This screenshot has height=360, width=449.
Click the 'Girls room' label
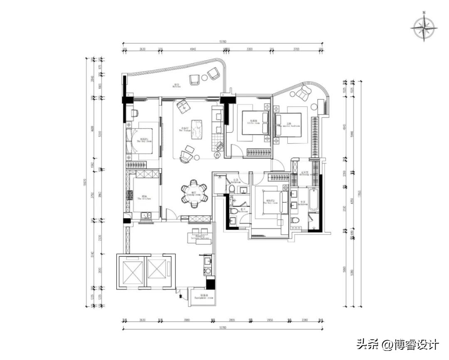(x=253, y=123)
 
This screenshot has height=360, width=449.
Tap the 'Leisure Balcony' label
(x=199, y=238)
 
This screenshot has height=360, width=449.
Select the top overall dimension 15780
(x=223, y=41)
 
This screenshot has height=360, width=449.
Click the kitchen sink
(x=146, y=215)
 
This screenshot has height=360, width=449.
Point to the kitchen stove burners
(x=130, y=194)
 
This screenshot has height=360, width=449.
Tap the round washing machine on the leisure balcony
(x=207, y=271)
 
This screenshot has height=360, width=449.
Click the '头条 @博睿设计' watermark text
(x=397, y=345)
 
